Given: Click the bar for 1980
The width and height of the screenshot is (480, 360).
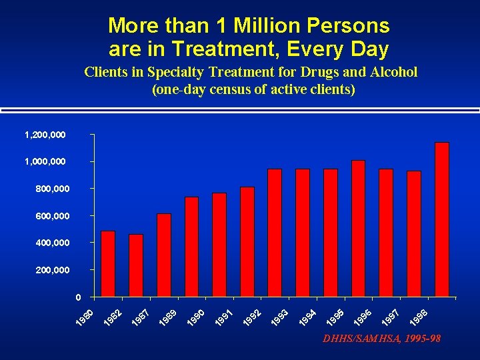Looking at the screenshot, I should click(x=108, y=263).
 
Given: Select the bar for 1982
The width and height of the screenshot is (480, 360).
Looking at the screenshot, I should click(x=136, y=265).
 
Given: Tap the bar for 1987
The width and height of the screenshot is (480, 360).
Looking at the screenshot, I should click(x=164, y=255).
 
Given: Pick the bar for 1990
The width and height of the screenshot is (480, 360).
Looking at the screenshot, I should click(x=219, y=245).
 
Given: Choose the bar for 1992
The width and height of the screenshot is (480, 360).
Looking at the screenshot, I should click(x=247, y=241).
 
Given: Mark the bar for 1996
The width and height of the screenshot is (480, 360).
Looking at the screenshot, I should click(x=358, y=228).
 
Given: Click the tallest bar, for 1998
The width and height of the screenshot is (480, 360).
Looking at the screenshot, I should click(x=441, y=219).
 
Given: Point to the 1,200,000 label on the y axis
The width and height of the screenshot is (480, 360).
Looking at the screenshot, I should click(x=45, y=135).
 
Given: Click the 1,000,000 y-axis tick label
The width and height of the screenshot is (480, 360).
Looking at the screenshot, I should click(x=45, y=162).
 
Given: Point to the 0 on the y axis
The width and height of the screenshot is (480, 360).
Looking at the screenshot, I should click(x=78, y=297).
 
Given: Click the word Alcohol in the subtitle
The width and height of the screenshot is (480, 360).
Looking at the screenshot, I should click(x=393, y=72).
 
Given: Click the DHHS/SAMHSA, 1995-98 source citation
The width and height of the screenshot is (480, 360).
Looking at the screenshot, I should click(x=381, y=339).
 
